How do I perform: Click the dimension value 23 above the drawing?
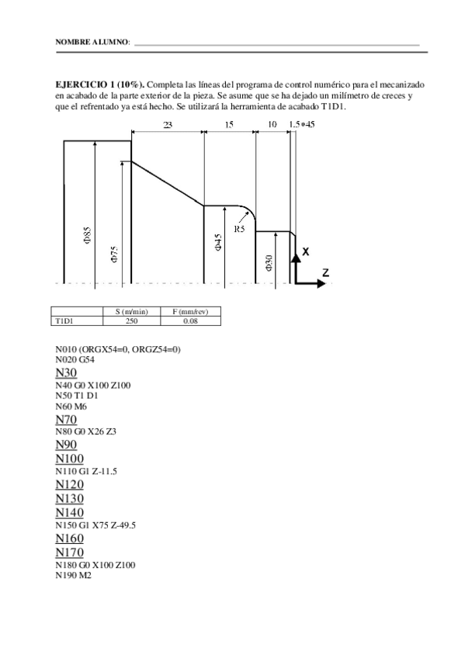[x=168, y=124]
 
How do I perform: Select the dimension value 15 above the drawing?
[x=229, y=124]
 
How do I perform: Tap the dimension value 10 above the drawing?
[x=272, y=124]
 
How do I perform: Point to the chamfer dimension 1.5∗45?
[x=301, y=124]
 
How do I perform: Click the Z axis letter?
[x=326, y=272]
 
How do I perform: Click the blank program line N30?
[x=66, y=373]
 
